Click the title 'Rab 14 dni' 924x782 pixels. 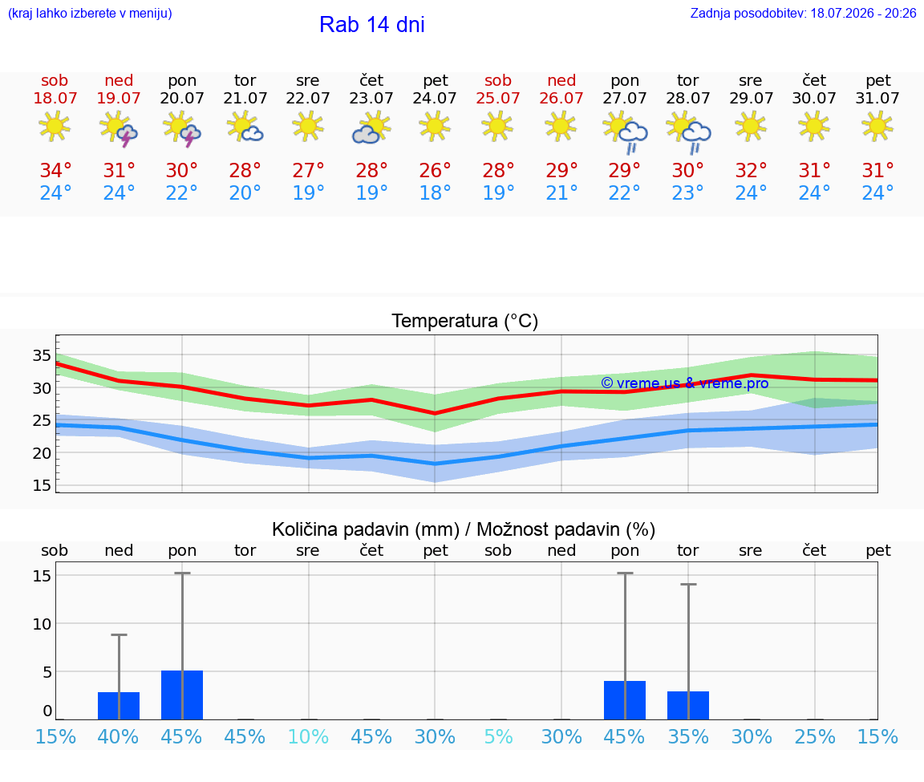(x=372, y=25)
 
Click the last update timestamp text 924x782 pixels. (x=803, y=13)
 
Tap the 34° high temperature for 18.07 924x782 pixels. (x=55, y=170)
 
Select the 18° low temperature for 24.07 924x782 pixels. (x=435, y=192)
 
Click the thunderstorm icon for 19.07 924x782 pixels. (x=119, y=128)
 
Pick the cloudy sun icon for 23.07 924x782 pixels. (x=371, y=128)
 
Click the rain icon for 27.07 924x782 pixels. (x=625, y=132)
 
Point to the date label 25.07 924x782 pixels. (x=498, y=98)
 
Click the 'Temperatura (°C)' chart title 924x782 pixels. (x=465, y=321)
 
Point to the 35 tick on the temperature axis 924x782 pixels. (x=42, y=355)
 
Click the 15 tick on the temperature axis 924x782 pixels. (x=42, y=485)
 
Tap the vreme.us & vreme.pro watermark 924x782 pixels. (x=685, y=383)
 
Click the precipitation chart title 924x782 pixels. (x=463, y=529)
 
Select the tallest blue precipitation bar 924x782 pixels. (x=182, y=695)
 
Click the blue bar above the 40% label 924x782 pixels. (x=119, y=706)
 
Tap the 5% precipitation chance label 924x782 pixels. (x=499, y=736)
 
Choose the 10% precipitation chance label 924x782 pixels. (x=308, y=736)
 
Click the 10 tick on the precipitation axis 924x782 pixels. (x=42, y=623)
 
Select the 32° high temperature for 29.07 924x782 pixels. (x=751, y=170)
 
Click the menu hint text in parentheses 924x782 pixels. (x=90, y=13)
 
